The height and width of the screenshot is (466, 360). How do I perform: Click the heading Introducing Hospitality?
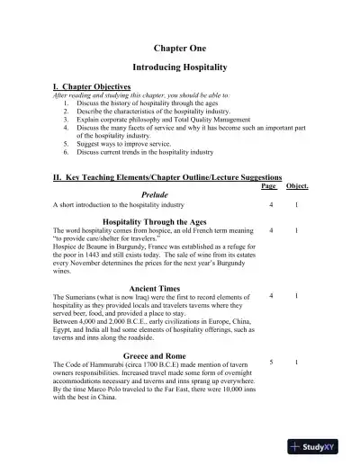pos(179,67)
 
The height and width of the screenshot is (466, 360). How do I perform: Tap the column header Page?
pos(268,186)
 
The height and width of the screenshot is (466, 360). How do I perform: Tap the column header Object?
pos(297,186)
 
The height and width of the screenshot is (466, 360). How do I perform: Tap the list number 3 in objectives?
pos(67,118)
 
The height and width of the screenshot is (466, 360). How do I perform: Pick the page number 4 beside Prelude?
pos(271,205)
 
